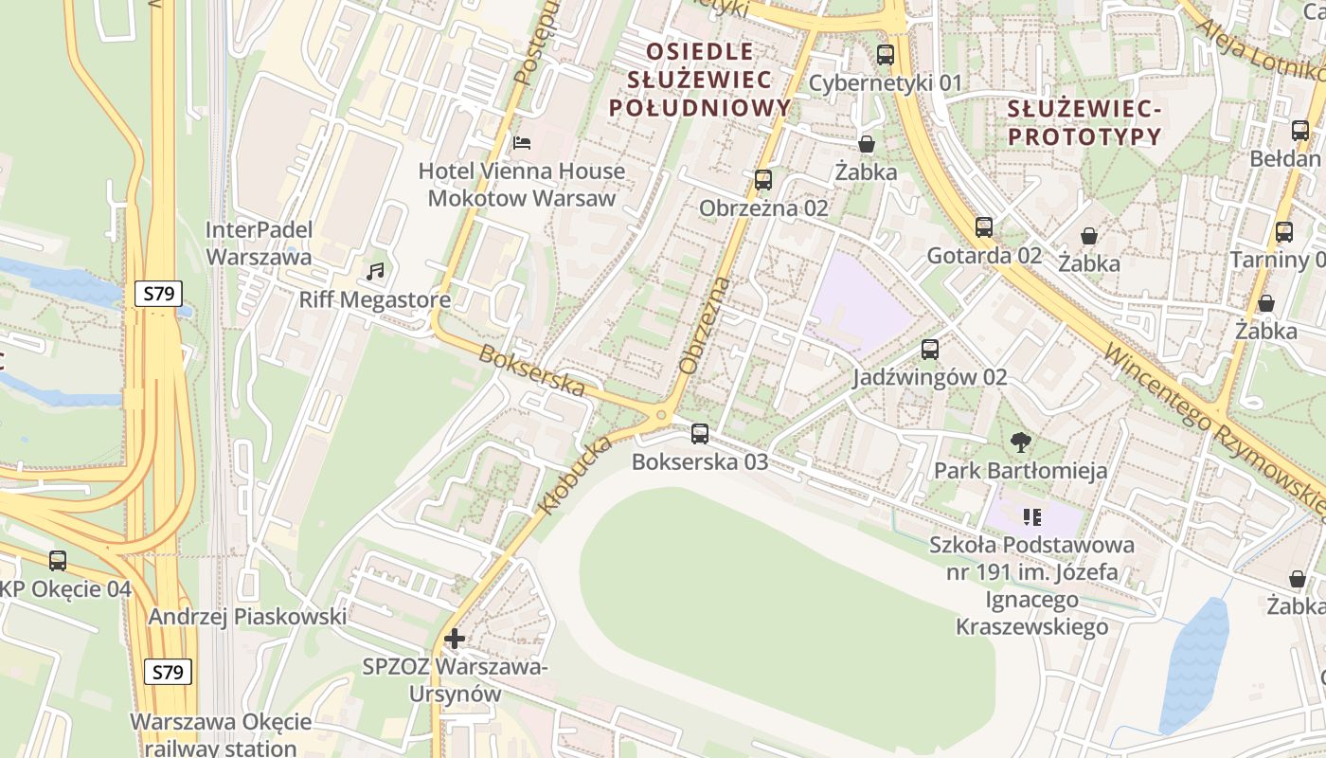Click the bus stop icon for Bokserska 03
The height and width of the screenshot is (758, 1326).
pyautogui.click(x=700, y=434)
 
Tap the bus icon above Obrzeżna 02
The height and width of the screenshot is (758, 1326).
pyautogui.click(x=763, y=180)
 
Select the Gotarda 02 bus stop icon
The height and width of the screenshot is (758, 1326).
pyautogui.click(x=984, y=227)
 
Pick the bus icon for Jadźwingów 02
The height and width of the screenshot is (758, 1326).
pyautogui.click(x=930, y=350)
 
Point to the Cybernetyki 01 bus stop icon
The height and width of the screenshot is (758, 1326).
pyautogui.click(x=886, y=55)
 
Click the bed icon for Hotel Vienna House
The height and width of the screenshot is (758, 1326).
pyautogui.click(x=522, y=143)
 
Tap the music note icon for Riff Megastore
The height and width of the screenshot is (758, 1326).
pyautogui.click(x=375, y=272)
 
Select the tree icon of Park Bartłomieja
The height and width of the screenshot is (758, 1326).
pyautogui.click(x=1020, y=442)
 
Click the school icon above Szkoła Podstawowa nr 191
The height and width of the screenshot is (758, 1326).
pyautogui.click(x=1032, y=516)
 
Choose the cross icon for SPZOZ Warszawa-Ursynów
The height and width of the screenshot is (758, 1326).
pyautogui.click(x=455, y=639)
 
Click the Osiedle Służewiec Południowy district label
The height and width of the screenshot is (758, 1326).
pyautogui.click(x=700, y=79)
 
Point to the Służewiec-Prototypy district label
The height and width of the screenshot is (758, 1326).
pyautogui.click(x=1084, y=123)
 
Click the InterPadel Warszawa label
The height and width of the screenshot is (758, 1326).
pyautogui.click(x=259, y=244)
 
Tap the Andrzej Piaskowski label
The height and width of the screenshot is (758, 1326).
pyautogui.click(x=247, y=617)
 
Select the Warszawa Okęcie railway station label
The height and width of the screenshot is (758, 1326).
pyautogui.click(x=221, y=734)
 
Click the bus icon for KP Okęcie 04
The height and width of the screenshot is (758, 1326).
pyautogui.click(x=58, y=561)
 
